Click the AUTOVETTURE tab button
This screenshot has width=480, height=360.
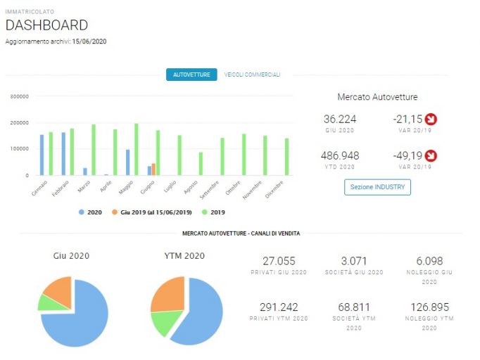[x=191, y=75]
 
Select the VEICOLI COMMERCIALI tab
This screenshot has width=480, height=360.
[x=252, y=75]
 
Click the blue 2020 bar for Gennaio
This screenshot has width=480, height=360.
[x=42, y=155]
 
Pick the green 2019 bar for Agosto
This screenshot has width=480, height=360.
[x=201, y=164]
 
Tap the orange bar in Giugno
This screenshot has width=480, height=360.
[x=153, y=169]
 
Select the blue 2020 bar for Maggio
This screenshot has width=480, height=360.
[x=127, y=162]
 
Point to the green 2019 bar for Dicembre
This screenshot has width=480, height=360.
[x=287, y=157]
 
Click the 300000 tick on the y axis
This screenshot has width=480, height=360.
[x=19, y=96]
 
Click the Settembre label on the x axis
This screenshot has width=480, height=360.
[x=210, y=190]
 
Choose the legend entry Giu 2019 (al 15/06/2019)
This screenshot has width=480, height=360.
[x=152, y=212]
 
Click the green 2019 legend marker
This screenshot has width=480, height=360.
[x=205, y=212]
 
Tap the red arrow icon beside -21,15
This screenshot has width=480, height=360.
[x=431, y=119]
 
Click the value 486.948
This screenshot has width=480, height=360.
[x=340, y=155]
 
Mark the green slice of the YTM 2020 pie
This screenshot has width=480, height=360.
[x=165, y=323]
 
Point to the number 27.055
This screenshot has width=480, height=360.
[x=279, y=261]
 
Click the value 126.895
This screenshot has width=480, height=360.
[x=429, y=307]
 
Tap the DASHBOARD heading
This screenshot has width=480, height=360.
[x=47, y=25]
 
